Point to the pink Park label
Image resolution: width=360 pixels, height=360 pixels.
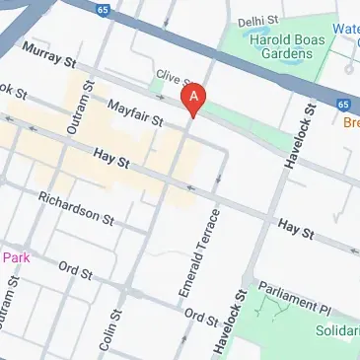pyautogui.click(x=17, y=257)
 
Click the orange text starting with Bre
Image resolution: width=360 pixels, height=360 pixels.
pyautogui.click(x=350, y=123)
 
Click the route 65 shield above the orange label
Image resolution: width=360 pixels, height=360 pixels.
pyautogui.click(x=341, y=104)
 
